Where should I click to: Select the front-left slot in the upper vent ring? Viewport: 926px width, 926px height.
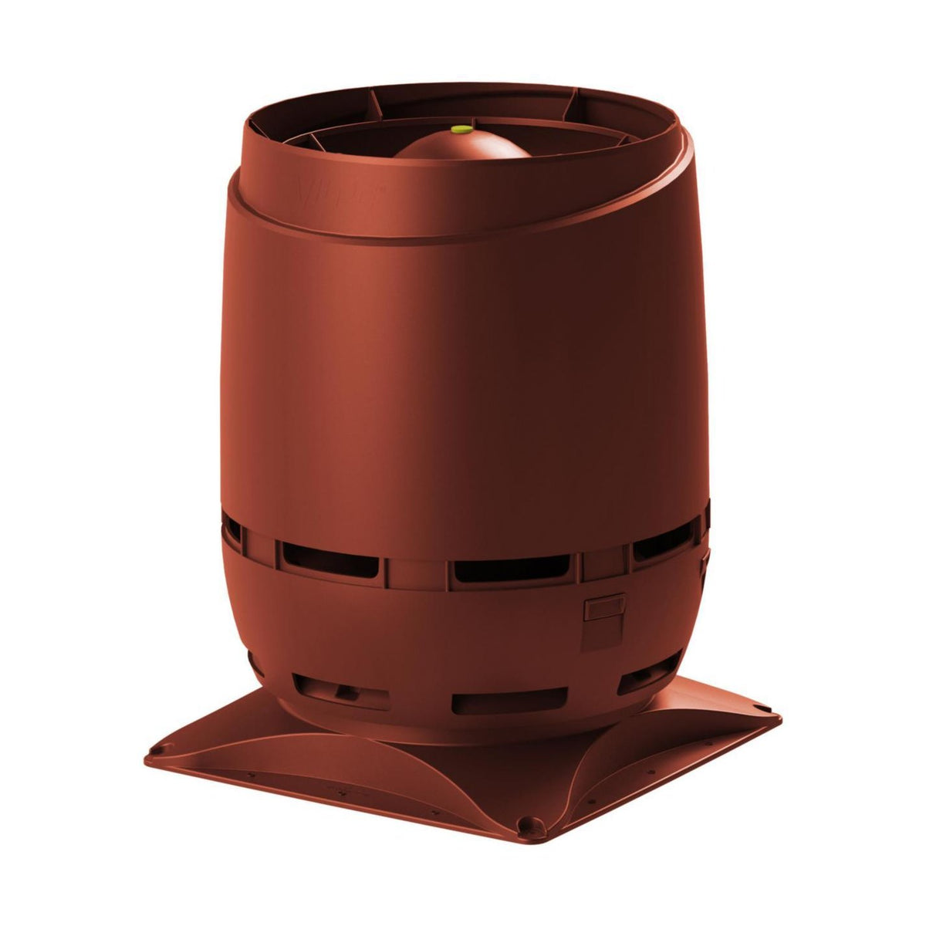pyautogui.click(x=330, y=559)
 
